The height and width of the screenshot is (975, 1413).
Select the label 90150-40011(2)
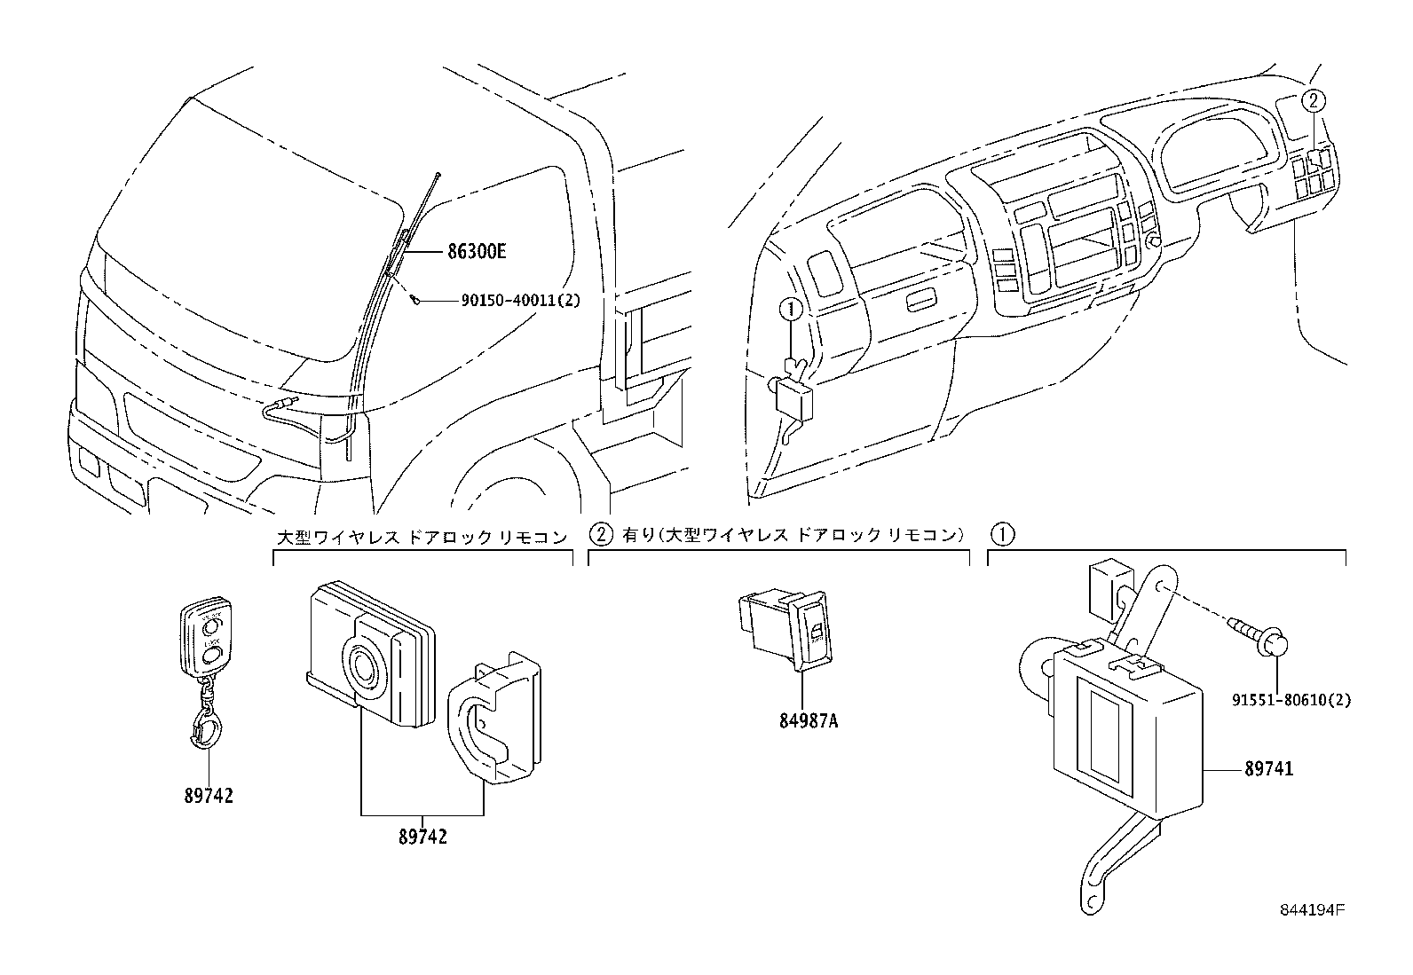click(x=520, y=301)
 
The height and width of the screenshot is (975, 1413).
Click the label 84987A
click(x=809, y=721)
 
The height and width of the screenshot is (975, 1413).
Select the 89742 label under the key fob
click(x=209, y=796)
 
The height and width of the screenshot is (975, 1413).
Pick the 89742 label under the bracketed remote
click(x=422, y=836)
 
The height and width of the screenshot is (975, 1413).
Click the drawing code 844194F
click(x=1312, y=911)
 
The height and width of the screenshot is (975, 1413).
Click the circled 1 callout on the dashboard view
click(x=790, y=310)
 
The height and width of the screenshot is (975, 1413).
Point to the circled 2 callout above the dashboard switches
click(x=1314, y=101)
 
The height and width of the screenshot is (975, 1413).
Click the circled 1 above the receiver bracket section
click(x=1002, y=534)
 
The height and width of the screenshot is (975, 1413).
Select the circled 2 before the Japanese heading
click(x=601, y=534)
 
